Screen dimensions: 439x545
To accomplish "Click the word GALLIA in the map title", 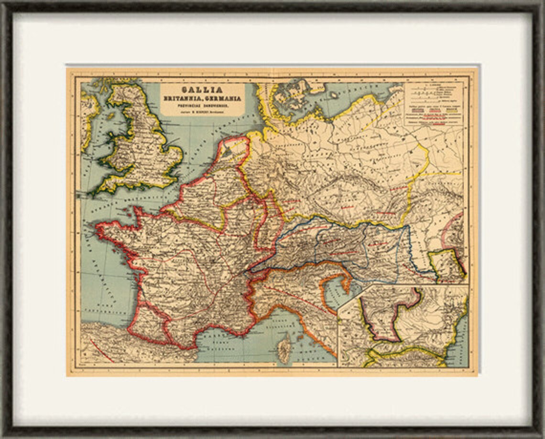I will [202, 90].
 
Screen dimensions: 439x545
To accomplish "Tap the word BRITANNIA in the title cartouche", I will [184, 98].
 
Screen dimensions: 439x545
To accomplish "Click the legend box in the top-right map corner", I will [434, 103].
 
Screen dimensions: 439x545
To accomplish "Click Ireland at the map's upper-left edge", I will [88, 115].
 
